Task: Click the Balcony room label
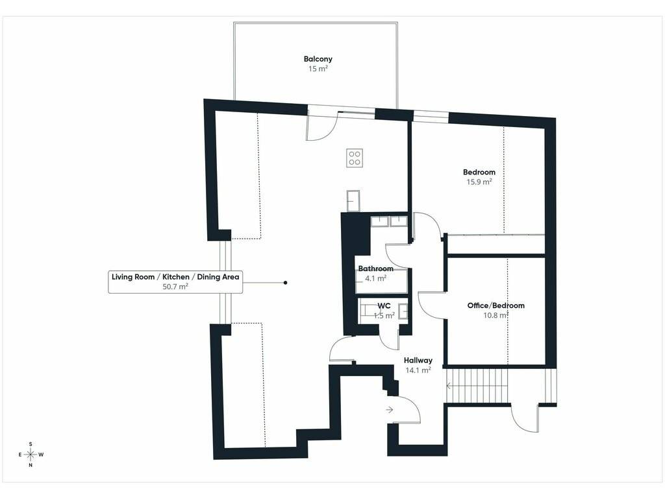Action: pyautogui.click(x=318, y=59)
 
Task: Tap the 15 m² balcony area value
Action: pyautogui.click(x=318, y=69)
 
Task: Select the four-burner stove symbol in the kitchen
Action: pyautogui.click(x=355, y=158)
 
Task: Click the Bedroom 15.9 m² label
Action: pyautogui.click(x=479, y=176)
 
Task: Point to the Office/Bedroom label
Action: pyautogui.click(x=496, y=305)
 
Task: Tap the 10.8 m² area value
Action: pyautogui.click(x=496, y=315)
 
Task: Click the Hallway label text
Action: pyautogui.click(x=418, y=361)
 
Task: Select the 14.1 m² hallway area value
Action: pyautogui.click(x=418, y=370)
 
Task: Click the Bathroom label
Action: pyautogui.click(x=376, y=268)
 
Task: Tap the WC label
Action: pyautogui.click(x=384, y=306)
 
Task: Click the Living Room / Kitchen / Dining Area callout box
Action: pyautogui.click(x=175, y=281)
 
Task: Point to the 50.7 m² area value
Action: pyautogui.click(x=175, y=287)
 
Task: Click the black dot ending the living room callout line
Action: pyautogui.click(x=286, y=283)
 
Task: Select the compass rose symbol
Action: pyautogui.click(x=31, y=455)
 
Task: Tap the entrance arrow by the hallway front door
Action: pyautogui.click(x=390, y=410)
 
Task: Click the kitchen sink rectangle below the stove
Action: pyautogui.click(x=353, y=201)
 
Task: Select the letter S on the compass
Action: pyautogui.click(x=31, y=444)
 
